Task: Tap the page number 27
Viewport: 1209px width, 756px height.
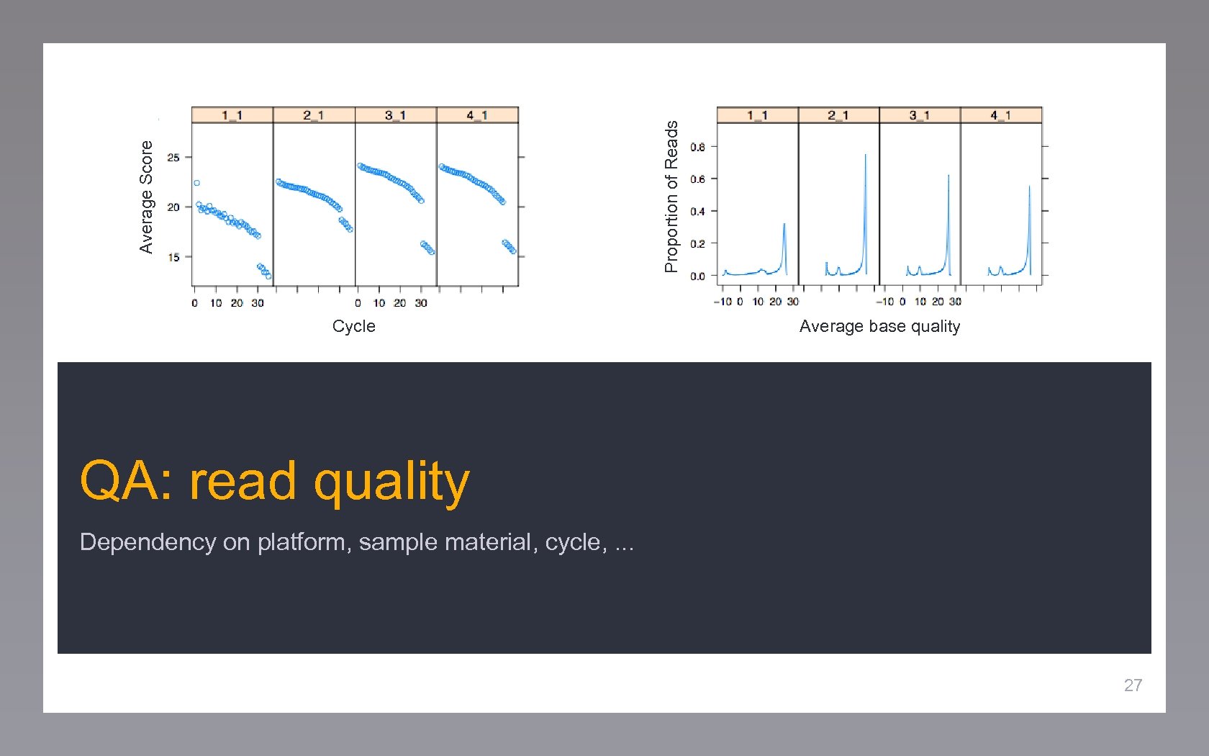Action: point(1133,685)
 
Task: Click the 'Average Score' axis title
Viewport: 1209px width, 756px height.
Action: point(146,197)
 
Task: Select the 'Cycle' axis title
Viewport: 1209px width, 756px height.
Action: point(353,326)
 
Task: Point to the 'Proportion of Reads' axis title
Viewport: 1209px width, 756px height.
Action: point(671,197)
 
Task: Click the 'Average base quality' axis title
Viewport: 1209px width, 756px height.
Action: point(879,326)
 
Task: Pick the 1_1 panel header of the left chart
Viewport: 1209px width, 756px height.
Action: point(232,115)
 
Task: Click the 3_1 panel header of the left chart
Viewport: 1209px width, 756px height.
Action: point(395,115)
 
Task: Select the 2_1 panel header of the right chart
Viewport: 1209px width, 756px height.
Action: point(838,115)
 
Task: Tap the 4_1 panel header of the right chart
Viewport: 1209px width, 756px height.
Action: point(1000,115)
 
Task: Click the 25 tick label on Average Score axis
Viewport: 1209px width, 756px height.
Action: point(173,158)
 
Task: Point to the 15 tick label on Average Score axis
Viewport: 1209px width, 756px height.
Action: point(173,257)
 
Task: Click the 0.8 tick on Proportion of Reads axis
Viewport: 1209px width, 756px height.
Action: point(697,147)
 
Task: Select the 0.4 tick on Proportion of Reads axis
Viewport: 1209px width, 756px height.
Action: point(697,212)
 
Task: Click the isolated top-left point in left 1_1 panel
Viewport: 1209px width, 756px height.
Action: point(196,183)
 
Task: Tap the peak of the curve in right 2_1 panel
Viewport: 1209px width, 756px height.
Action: point(865,155)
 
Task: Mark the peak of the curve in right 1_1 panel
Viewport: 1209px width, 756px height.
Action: point(784,224)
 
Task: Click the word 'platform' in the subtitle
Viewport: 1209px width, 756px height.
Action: point(302,542)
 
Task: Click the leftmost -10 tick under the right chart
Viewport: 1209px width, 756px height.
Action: point(723,302)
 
